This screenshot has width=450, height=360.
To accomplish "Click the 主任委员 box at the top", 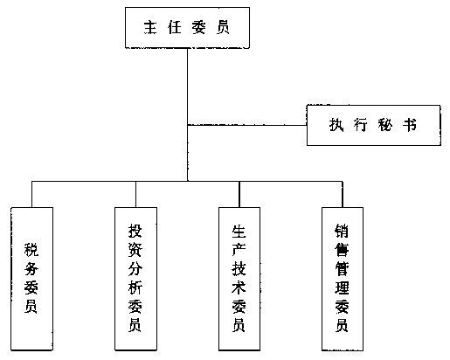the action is pyautogui.click(x=187, y=28).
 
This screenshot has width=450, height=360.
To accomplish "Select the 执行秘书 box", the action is pyautogui.click(x=374, y=125).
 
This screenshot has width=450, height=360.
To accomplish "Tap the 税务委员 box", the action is pyautogui.click(x=32, y=279).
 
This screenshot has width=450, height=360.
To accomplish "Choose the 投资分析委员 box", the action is pyautogui.click(x=135, y=279).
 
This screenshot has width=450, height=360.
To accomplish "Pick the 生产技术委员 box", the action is pyautogui.click(x=239, y=279).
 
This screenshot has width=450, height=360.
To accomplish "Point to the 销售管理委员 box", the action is pyautogui.click(x=343, y=279).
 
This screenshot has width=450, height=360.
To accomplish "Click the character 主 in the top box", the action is pyautogui.click(x=150, y=27).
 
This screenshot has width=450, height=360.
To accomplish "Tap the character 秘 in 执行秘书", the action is pyautogui.click(x=385, y=125).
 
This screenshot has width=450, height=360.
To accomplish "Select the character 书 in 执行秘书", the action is pyautogui.click(x=410, y=125).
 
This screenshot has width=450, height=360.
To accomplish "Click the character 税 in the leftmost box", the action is pyautogui.click(x=31, y=250).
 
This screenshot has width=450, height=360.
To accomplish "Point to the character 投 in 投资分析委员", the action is pyautogui.click(x=135, y=231).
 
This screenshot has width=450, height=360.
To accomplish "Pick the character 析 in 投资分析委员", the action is pyautogui.click(x=135, y=287).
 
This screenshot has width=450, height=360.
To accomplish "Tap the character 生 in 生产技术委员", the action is pyautogui.click(x=239, y=232).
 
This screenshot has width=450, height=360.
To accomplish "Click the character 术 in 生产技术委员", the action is pyautogui.click(x=239, y=287).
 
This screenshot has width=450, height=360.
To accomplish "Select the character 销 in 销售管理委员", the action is pyautogui.click(x=342, y=231).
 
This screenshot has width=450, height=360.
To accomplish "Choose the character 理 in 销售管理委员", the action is pyautogui.click(x=342, y=287).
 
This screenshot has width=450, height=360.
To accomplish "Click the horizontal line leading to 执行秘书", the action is pyautogui.click(x=247, y=125).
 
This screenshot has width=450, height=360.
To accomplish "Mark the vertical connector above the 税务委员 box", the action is pyautogui.click(x=31, y=194).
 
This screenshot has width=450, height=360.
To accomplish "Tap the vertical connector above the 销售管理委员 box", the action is pyautogui.click(x=343, y=194).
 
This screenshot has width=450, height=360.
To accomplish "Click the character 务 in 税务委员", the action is pyautogui.click(x=31, y=268).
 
